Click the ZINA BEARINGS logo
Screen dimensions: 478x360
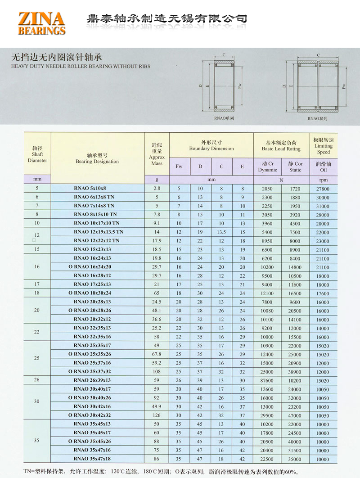(41, 23)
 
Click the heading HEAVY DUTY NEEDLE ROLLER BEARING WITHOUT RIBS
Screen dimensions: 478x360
(81, 67)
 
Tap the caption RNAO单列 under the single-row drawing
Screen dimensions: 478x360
(224, 118)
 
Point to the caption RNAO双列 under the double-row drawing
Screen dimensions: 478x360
(317, 118)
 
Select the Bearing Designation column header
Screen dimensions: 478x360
(97, 158)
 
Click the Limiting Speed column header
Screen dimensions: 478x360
(323, 146)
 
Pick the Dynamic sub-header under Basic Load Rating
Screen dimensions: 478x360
(267, 167)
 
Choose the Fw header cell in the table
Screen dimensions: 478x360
(179, 167)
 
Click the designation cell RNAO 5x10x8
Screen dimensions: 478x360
(92, 188)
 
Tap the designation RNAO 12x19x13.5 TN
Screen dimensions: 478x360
(99, 232)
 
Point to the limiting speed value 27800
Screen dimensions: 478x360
(323, 189)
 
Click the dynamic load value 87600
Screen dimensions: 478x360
(267, 380)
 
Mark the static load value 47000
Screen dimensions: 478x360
(295, 415)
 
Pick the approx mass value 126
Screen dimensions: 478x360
(157, 415)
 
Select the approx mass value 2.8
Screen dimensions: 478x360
(157, 189)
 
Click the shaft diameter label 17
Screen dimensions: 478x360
(37, 284)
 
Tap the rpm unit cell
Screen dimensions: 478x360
(323, 180)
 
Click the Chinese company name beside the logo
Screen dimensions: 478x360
(166, 19)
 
